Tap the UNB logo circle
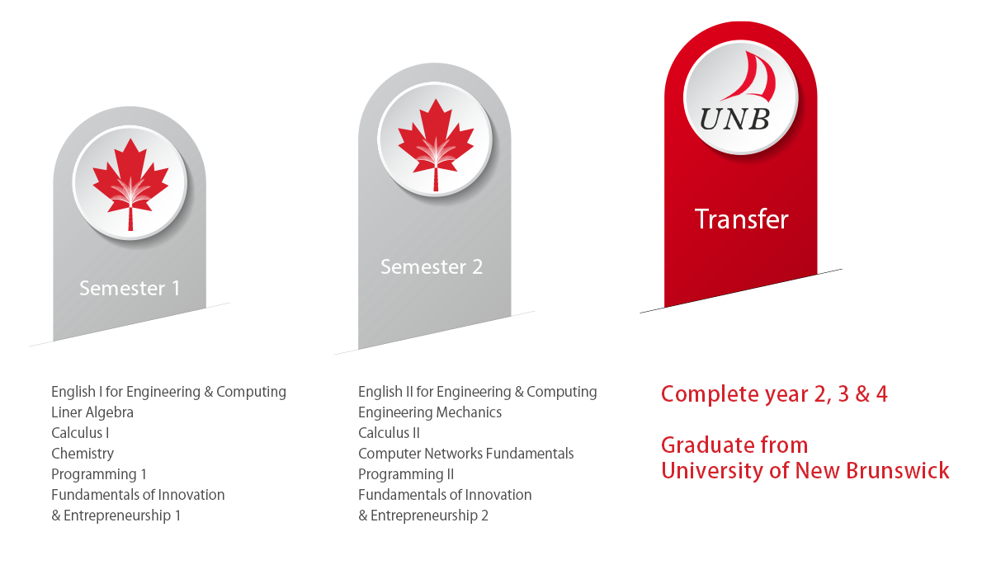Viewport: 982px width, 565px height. (740, 97)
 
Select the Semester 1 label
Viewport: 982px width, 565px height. (130, 288)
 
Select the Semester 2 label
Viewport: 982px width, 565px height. (432, 266)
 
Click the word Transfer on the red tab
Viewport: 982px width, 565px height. (742, 219)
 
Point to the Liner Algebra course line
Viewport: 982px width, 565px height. (92, 412)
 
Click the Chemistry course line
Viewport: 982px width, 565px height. (83, 454)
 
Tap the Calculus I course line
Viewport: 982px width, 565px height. (80, 433)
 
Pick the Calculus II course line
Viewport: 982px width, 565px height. (389, 433)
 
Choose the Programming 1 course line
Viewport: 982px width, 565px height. (99, 474)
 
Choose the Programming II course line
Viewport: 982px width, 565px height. (406, 474)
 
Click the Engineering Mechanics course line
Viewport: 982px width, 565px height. (430, 412)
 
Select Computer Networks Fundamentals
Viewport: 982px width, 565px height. (466, 454)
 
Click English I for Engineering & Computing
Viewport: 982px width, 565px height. (168, 392)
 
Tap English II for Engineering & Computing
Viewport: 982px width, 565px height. (477, 392)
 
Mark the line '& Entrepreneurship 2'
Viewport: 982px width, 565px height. (423, 516)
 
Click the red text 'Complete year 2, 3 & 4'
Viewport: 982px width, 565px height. (774, 394)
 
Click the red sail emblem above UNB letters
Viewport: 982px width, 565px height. (750, 77)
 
